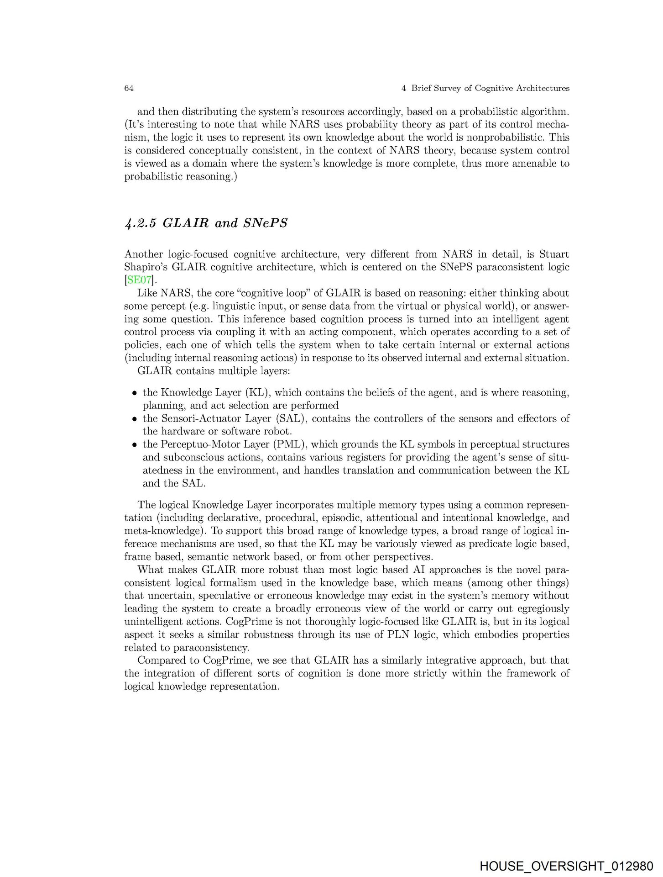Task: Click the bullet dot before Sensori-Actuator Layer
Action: pyautogui.click(x=135, y=419)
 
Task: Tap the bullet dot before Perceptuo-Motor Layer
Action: pyautogui.click(x=135, y=445)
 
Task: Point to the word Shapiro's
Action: pyautogui.click(x=144, y=267)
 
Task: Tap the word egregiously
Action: pyautogui.click(x=539, y=609)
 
